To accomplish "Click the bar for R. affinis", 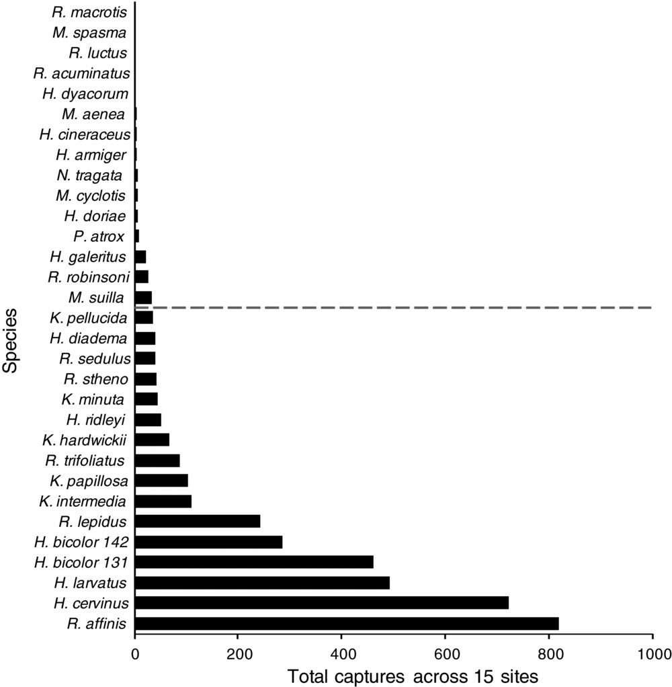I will point(347,623).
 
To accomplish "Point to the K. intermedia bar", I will point(163,501).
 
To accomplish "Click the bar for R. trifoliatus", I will point(157,460).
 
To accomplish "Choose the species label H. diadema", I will point(88,337).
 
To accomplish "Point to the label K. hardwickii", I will point(85,440).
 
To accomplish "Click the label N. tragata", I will point(89,175).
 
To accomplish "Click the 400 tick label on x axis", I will point(341,651).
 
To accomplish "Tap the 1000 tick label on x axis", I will point(652,651).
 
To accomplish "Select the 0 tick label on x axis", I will point(135,651).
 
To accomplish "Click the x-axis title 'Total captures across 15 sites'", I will point(413,675).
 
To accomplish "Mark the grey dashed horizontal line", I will point(403,307).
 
